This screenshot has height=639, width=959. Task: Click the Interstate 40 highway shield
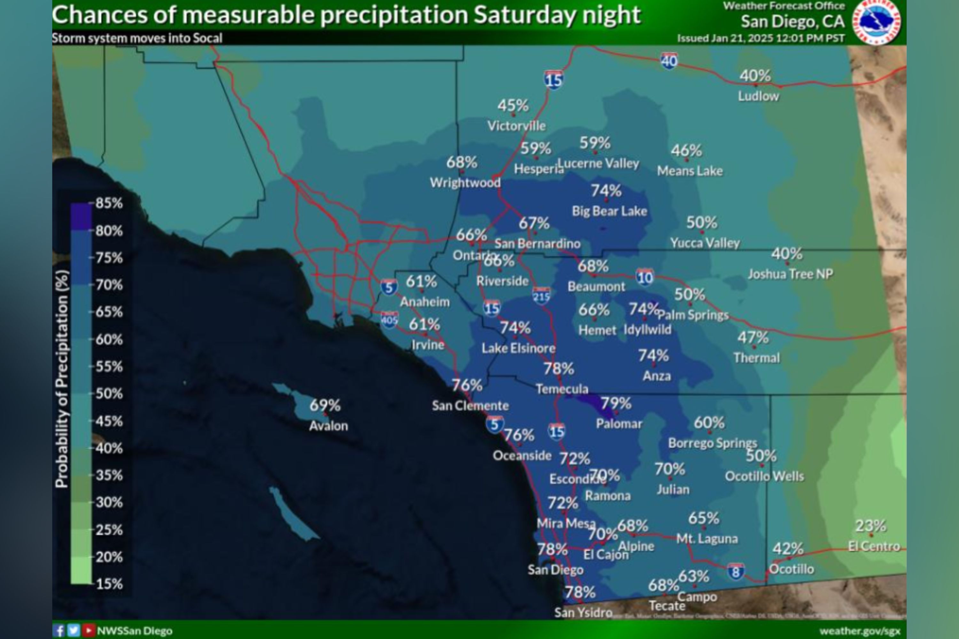coord(669,61)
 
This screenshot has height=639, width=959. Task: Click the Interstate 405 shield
coord(389,319)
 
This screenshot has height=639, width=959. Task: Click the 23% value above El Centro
coord(870,526)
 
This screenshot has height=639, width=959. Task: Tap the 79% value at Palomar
coord(616,404)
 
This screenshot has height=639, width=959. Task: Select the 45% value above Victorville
coord(513,106)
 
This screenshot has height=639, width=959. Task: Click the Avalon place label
coord(329,426)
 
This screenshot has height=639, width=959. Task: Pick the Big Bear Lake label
coord(609,211)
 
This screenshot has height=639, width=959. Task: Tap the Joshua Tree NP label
coord(790,274)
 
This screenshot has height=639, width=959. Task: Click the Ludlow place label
coord(758,96)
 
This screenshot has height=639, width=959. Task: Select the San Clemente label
coord(470,405)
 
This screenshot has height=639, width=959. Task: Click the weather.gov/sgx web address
coord(860,631)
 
